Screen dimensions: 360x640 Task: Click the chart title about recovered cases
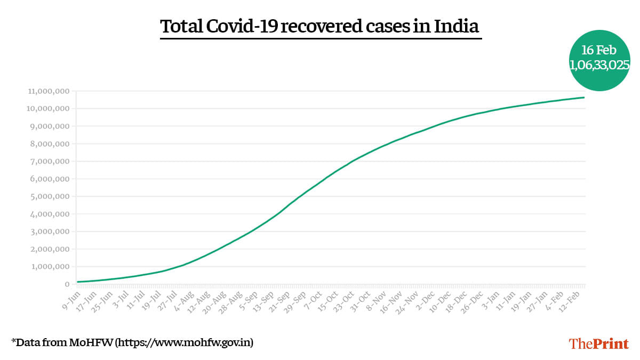320,26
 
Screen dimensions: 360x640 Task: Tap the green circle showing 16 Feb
599,60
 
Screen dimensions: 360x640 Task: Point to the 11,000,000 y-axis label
48,91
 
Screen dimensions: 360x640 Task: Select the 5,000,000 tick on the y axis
50,196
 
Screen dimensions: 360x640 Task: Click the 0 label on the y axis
67,284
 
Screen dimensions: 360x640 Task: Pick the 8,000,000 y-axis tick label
50,144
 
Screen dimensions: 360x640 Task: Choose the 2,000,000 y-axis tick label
50,249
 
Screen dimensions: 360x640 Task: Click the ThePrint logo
599,343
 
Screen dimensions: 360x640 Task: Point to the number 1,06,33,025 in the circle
599,65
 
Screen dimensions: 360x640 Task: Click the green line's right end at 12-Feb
584,98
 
